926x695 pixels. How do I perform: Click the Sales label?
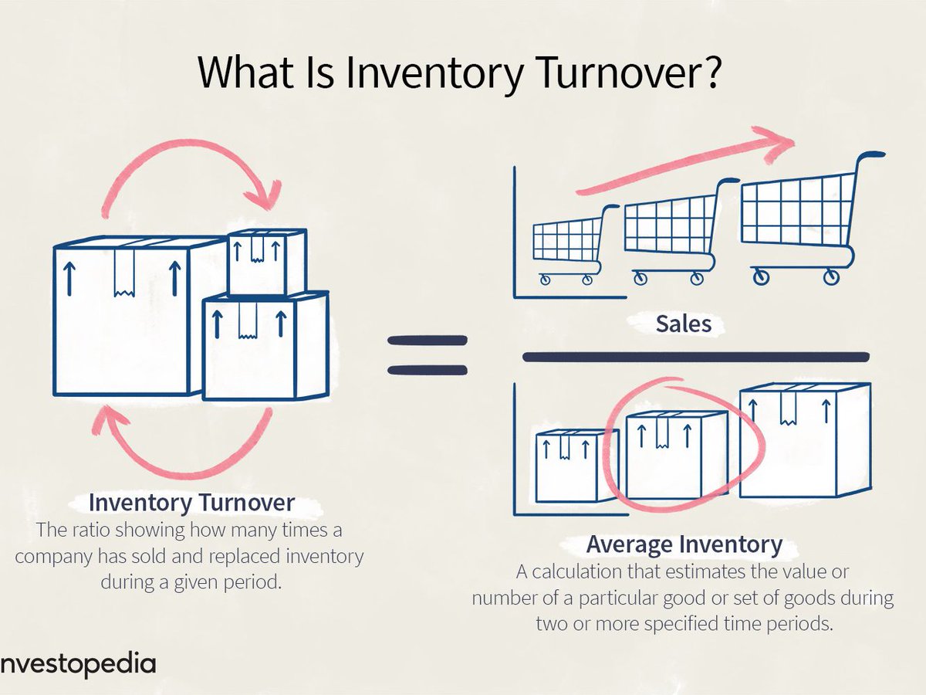pyautogui.click(x=683, y=324)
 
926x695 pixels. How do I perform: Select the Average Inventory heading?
pyautogui.click(x=684, y=544)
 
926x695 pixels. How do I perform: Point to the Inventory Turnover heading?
pyautogui.click(x=191, y=503)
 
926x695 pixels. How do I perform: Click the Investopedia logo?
pyautogui.click(x=77, y=665)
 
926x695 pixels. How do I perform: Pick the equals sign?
pyautogui.click(x=428, y=355)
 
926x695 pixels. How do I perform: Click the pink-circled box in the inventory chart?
pyautogui.click(x=676, y=456)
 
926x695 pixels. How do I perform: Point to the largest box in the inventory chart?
pyautogui.click(x=804, y=440)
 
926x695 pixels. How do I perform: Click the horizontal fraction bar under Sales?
pyautogui.click(x=694, y=357)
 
